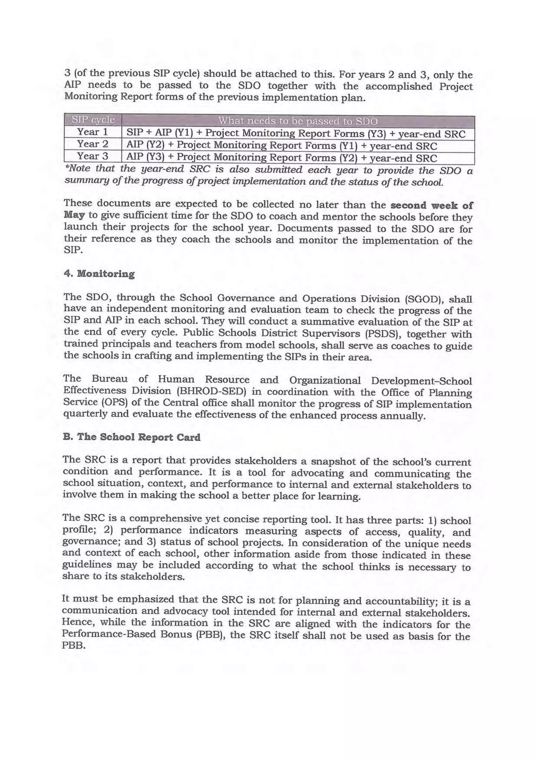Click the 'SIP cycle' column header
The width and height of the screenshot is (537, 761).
(93, 120)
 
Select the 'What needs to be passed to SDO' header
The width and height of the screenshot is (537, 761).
(298, 121)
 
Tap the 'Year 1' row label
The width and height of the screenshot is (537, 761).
(93, 132)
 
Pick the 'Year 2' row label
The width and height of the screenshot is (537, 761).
(93, 144)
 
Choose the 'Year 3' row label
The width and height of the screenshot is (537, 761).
(93, 156)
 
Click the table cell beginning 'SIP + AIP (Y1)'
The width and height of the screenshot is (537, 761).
(296, 134)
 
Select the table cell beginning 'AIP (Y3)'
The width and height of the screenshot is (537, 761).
(282, 158)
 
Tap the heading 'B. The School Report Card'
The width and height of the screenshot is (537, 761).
(132, 437)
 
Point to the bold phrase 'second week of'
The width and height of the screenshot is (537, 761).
(432, 205)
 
